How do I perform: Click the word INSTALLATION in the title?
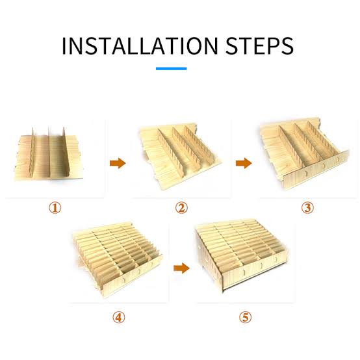point(140,45)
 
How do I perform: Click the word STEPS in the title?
point(259,45)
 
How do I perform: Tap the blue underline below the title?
point(172,68)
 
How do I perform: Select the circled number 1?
point(55,208)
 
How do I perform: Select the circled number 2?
point(181,208)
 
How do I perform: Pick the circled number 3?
point(307,208)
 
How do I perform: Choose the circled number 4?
point(119,318)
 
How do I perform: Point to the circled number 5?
point(245,318)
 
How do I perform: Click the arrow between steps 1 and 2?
point(118,163)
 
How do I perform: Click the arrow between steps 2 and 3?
point(244,163)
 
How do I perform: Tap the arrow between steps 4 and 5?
point(181,268)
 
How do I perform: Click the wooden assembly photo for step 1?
point(48,154)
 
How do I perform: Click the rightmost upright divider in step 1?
point(66,151)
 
